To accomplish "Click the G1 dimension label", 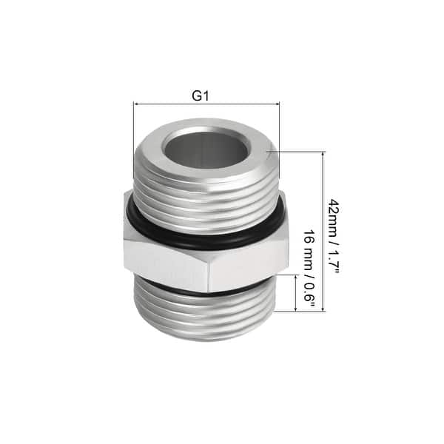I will point(199,95).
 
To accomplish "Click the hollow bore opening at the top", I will point(205,147).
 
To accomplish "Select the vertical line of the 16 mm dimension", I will point(297,293).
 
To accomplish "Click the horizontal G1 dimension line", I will point(206,104).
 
